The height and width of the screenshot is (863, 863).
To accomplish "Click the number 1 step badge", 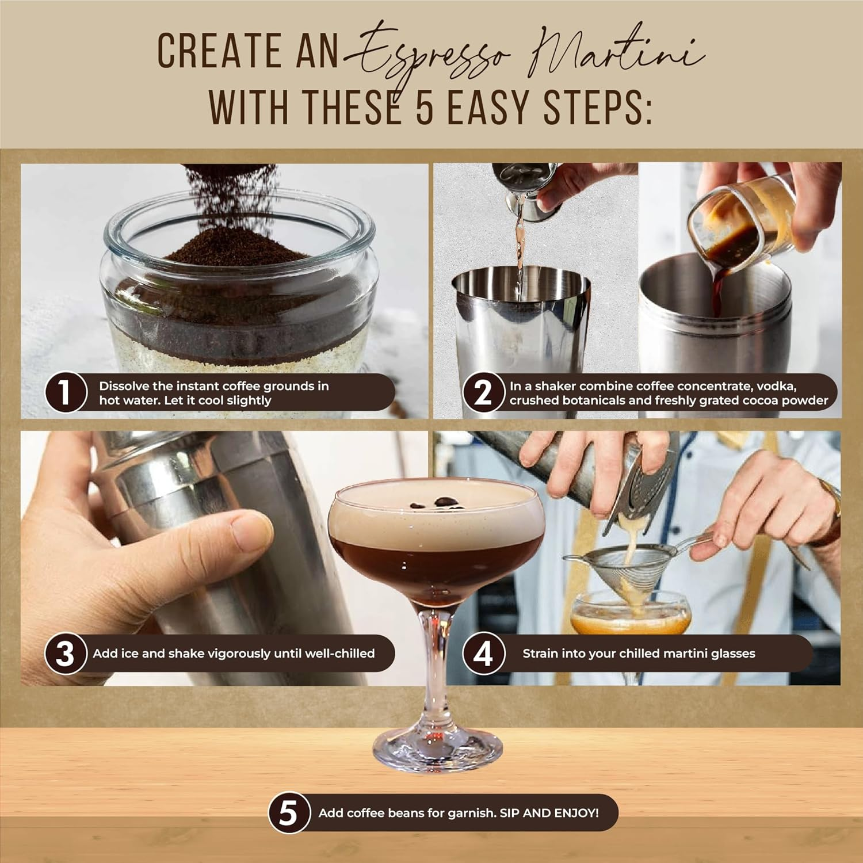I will pyautogui.click(x=66, y=392).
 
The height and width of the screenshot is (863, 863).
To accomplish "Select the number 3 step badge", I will pyautogui.click(x=66, y=654).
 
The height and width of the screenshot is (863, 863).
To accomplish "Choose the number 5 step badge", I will pyautogui.click(x=288, y=813).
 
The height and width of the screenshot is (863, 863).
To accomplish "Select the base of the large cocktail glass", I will pyautogui.click(x=437, y=748).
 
